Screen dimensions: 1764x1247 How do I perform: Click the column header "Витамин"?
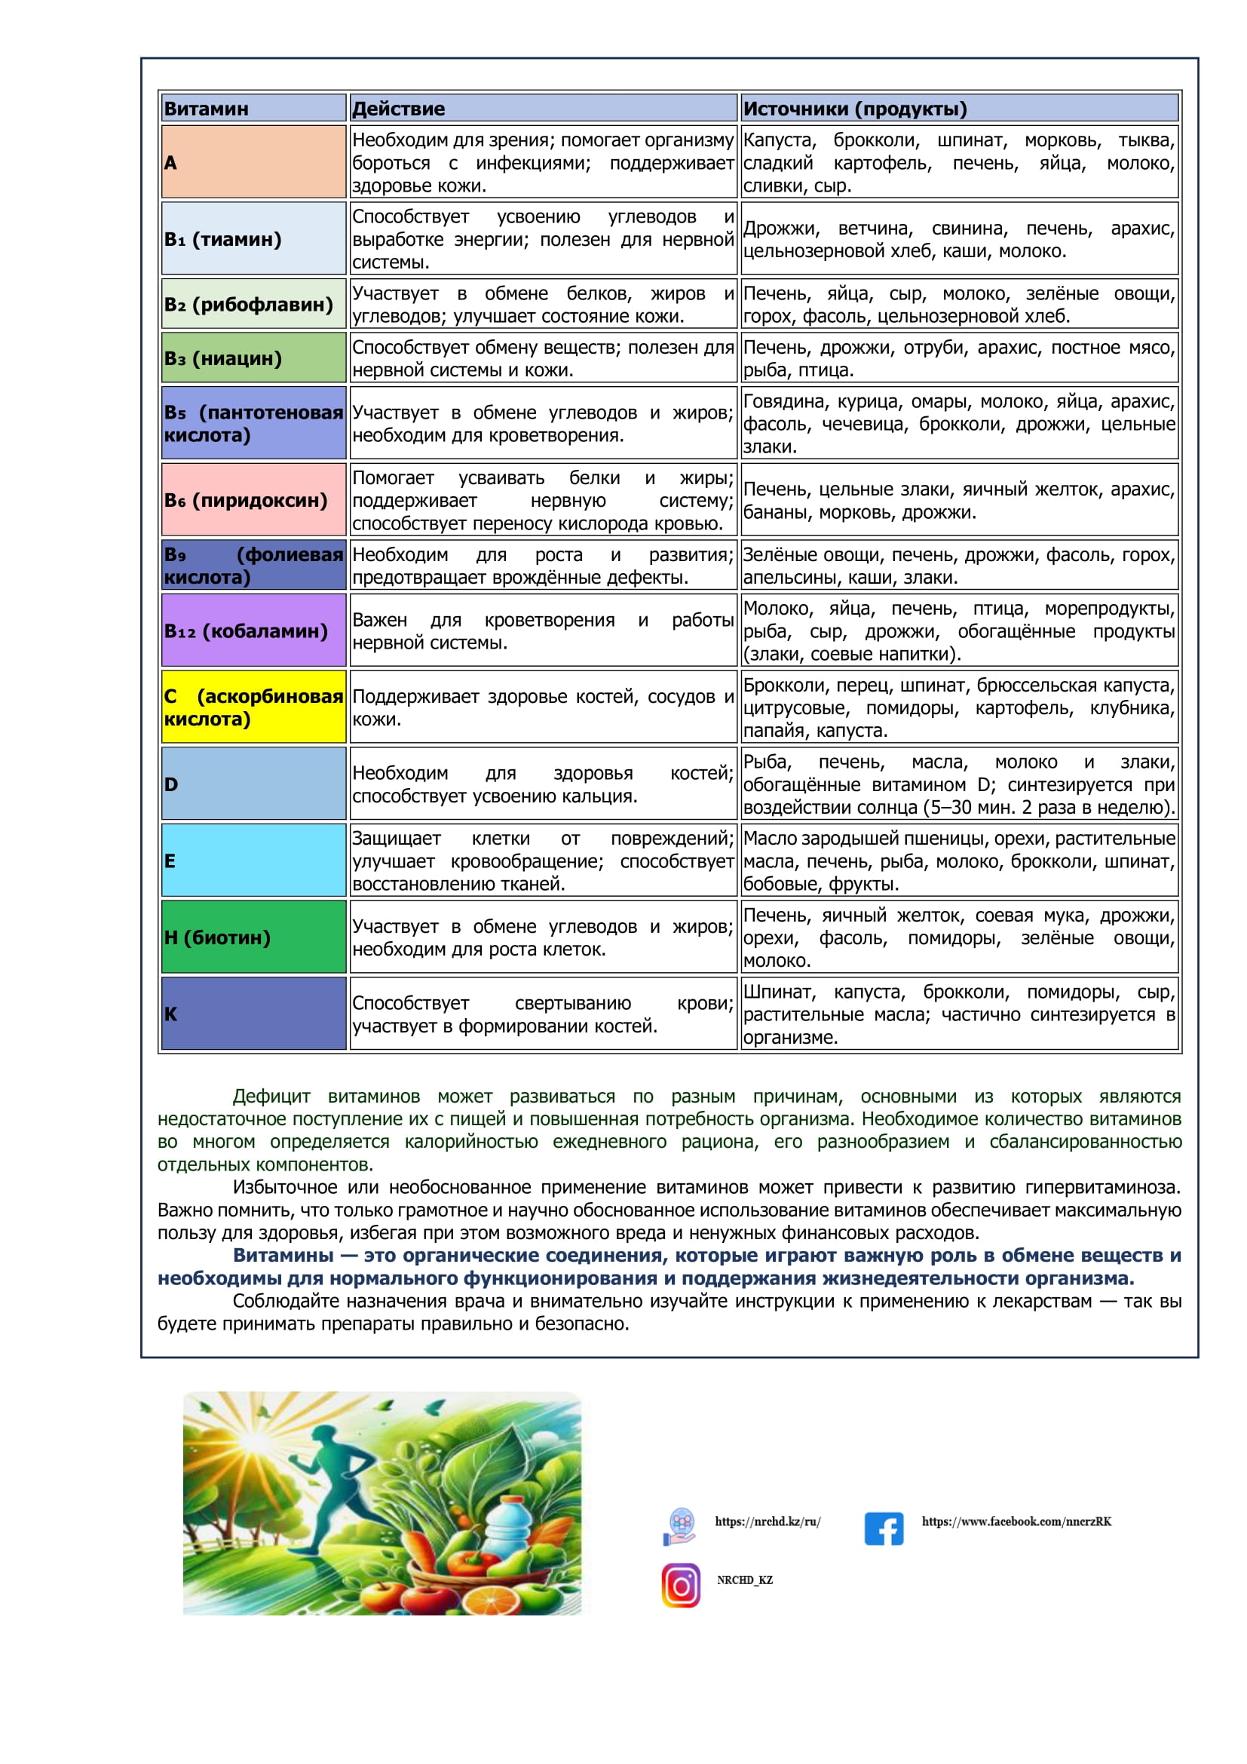(x=206, y=109)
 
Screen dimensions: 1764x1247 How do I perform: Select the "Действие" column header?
(x=398, y=109)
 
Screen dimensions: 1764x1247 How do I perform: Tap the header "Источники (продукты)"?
(x=855, y=109)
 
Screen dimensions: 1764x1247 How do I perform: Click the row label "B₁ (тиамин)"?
(x=222, y=239)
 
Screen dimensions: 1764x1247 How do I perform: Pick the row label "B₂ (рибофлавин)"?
(x=249, y=304)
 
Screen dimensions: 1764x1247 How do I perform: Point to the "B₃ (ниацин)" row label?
(x=222, y=358)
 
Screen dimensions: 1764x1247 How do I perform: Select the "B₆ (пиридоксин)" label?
(x=246, y=500)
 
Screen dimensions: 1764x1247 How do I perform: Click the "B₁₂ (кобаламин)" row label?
(x=246, y=630)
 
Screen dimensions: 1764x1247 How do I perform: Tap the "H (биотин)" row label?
(x=217, y=937)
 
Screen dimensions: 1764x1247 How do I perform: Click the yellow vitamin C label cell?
(x=253, y=707)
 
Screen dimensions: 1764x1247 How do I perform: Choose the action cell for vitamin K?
(x=542, y=1014)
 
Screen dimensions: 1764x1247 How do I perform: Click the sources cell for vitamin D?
(x=958, y=784)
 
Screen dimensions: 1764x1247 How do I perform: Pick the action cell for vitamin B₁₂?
(x=542, y=630)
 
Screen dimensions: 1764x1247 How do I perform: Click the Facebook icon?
(x=884, y=1528)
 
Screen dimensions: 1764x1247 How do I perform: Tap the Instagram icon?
(x=681, y=1585)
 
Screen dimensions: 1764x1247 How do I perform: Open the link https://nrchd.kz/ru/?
(x=768, y=1521)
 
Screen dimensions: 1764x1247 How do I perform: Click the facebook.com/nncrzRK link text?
(x=1016, y=1521)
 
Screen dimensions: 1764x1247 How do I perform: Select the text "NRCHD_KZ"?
(x=745, y=1580)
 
